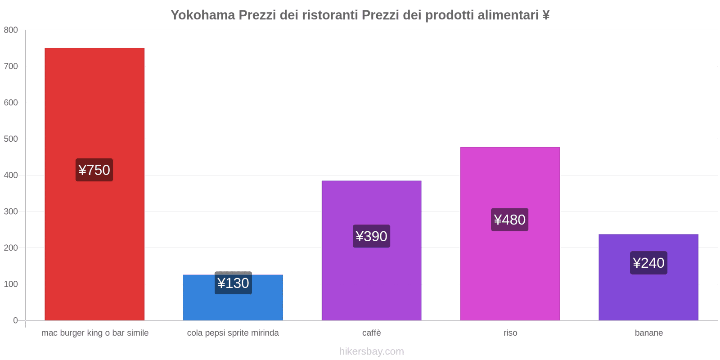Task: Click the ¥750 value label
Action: point(94,170)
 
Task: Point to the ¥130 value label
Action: point(233,283)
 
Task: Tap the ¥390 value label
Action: point(371,236)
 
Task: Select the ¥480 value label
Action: point(510,220)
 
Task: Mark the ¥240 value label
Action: point(648,263)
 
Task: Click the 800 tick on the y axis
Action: point(11,30)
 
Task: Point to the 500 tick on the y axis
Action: point(11,139)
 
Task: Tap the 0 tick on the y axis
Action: point(15,320)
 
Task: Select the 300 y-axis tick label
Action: point(11,211)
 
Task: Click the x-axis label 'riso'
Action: point(510,333)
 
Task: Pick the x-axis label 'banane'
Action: point(648,333)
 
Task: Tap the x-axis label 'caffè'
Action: point(371,333)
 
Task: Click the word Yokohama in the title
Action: point(203,15)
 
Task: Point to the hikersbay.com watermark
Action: point(371,351)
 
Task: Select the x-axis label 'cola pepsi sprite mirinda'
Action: point(233,333)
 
